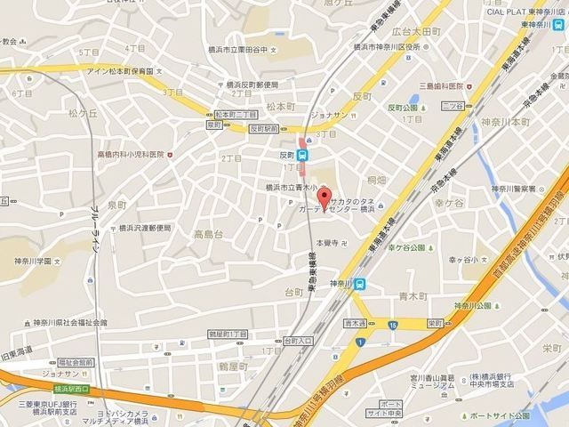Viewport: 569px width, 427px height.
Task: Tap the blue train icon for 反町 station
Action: tap(303, 153)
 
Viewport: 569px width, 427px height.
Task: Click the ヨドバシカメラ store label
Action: tap(132, 414)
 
